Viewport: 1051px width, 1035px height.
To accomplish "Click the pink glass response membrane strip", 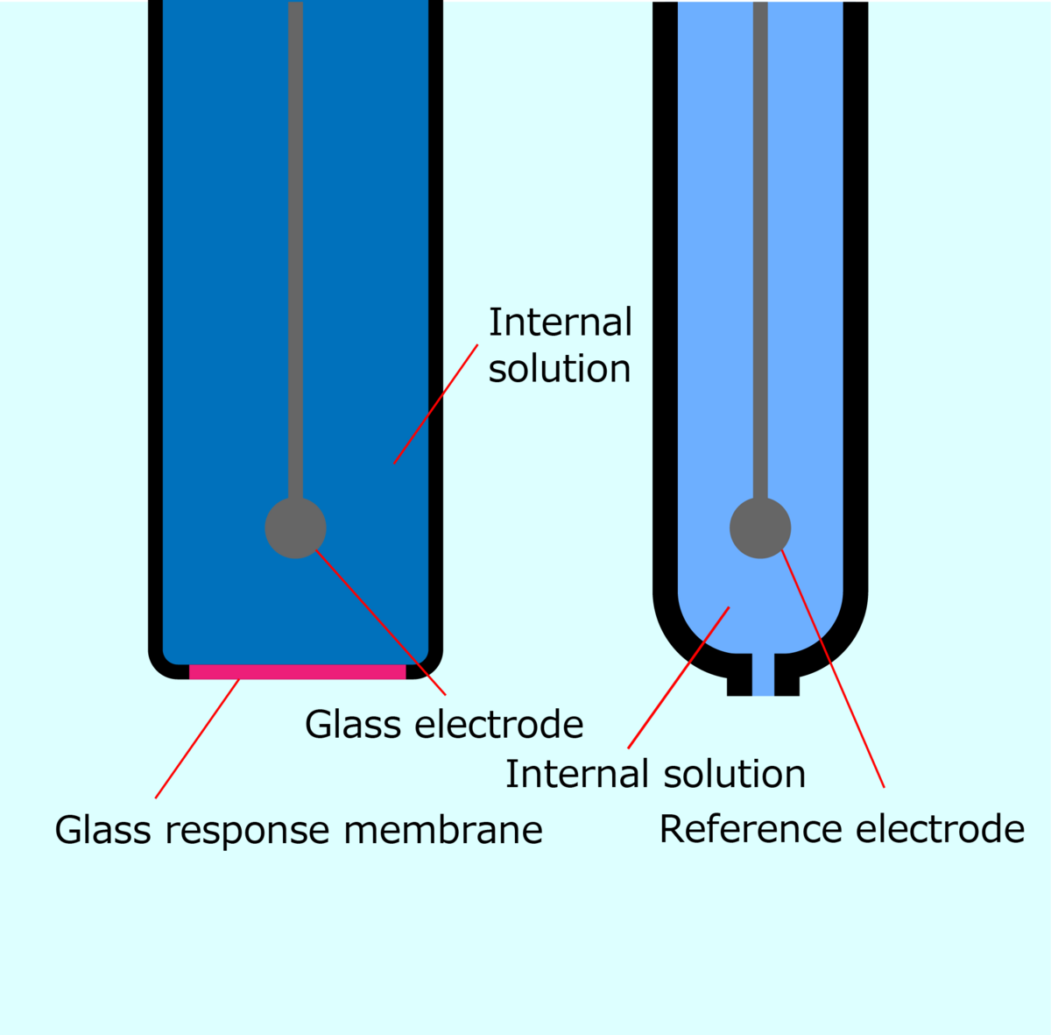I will (298, 672).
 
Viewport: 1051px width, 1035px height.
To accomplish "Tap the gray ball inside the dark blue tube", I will (296, 528).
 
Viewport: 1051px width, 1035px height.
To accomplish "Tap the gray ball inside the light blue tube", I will (760, 528).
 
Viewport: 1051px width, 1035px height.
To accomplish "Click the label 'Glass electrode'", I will (444, 725).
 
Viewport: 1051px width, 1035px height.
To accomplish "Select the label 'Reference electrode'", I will (842, 829).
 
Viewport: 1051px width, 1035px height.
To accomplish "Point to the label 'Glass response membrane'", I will (299, 830).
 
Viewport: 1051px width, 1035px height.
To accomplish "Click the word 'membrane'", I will (443, 830).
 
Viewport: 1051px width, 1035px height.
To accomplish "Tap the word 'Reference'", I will (744, 829).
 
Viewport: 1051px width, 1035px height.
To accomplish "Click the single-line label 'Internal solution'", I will (655, 775).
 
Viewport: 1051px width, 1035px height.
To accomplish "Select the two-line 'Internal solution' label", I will (560, 345).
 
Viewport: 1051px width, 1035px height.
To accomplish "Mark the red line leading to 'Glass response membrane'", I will (197, 738).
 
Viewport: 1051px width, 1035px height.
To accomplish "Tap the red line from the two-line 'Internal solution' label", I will (435, 404).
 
